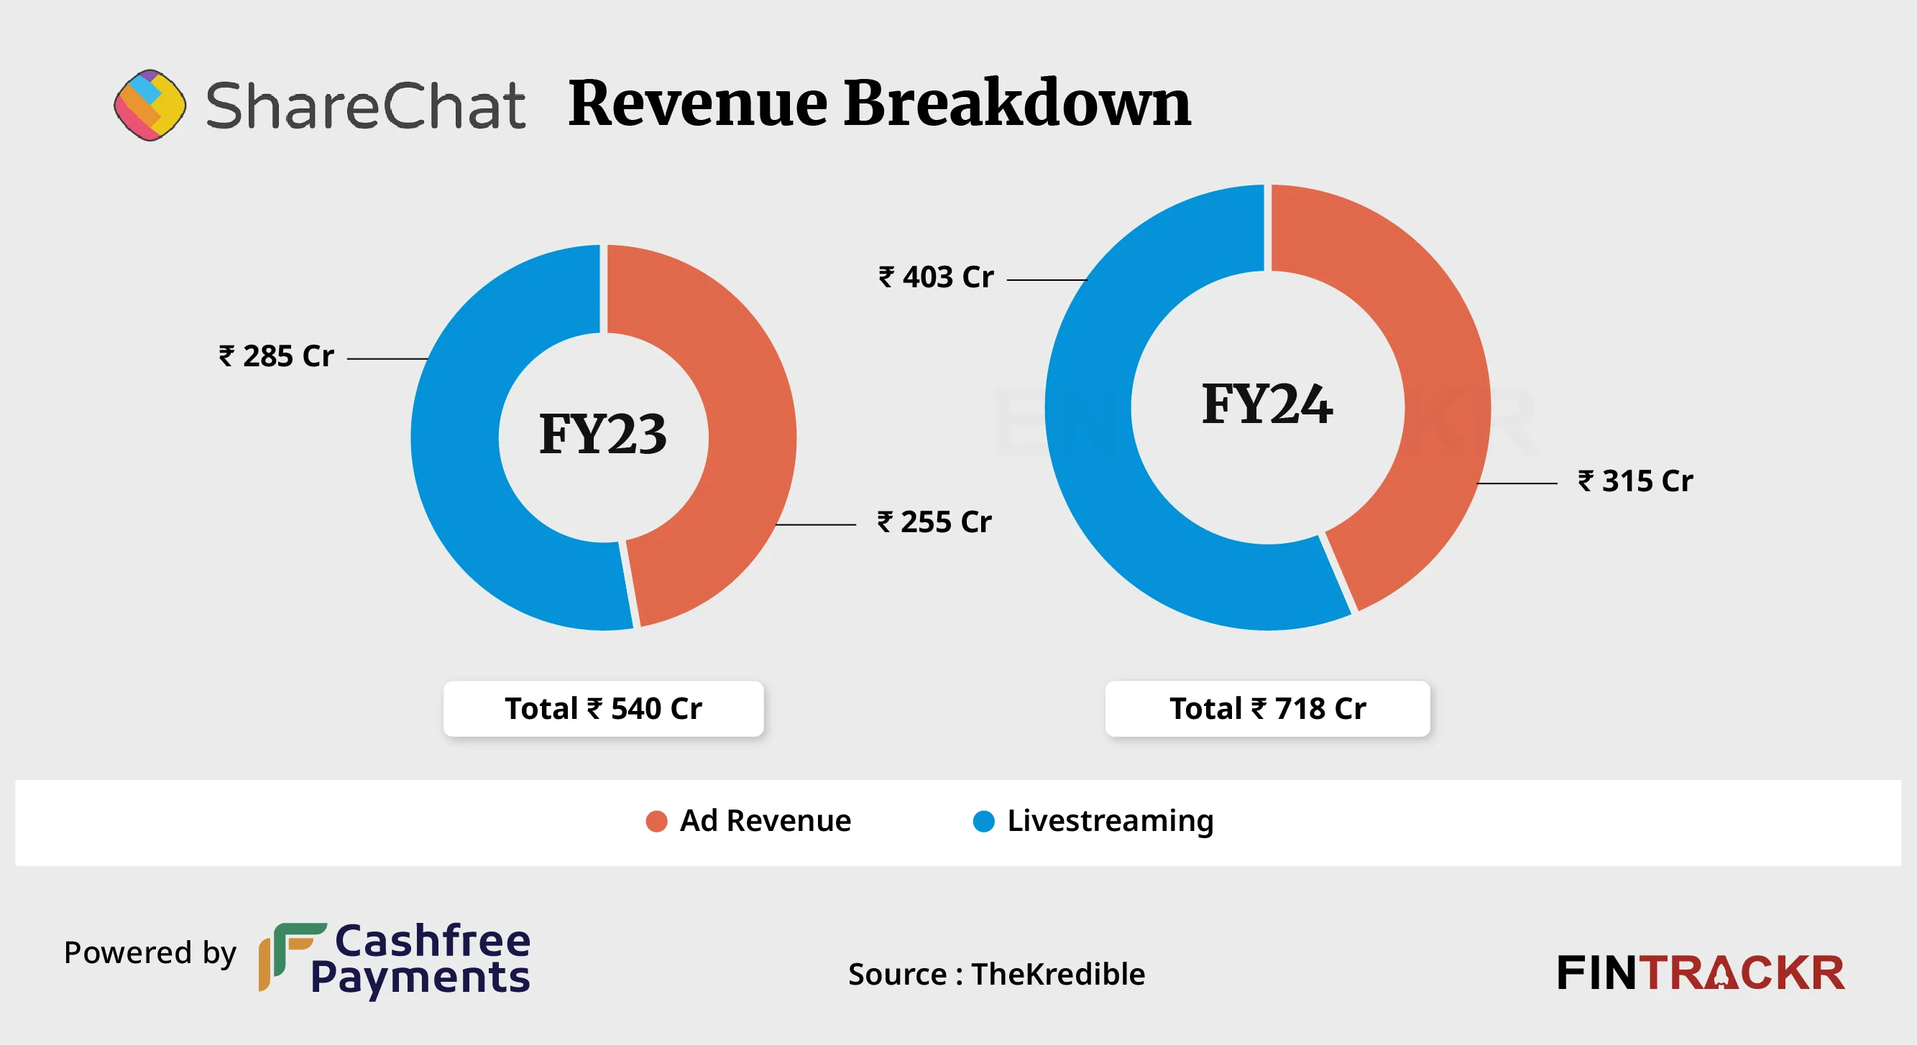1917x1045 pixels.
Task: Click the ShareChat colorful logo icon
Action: click(150, 105)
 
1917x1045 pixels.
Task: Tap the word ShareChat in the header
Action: click(365, 106)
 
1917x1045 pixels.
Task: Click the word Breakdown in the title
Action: click(1016, 103)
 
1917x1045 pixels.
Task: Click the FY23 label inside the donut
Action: click(603, 435)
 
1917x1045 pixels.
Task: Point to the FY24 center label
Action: click(1267, 404)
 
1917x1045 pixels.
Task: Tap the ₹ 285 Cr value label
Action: click(277, 357)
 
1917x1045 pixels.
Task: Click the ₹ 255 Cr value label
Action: click(934, 523)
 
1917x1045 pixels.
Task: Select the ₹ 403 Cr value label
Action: click(936, 277)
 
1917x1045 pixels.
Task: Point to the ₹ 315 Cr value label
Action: click(1636, 481)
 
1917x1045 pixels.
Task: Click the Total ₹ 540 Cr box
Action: click(604, 709)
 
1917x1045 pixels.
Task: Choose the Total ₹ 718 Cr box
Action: click(1267, 709)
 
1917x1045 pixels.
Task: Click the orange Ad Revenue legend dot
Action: click(656, 822)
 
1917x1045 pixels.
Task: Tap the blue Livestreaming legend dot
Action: click(984, 822)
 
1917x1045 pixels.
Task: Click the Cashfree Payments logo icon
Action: click(291, 957)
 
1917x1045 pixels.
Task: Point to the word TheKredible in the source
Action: click(1058, 975)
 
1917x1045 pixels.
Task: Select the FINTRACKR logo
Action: click(1701, 973)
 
